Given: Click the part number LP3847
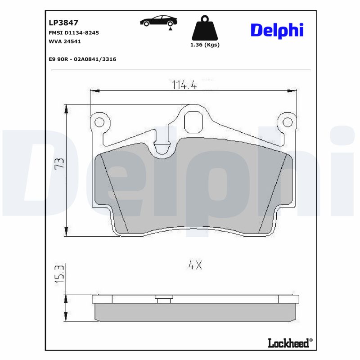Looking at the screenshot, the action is [63, 22].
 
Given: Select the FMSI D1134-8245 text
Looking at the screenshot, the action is [73, 33].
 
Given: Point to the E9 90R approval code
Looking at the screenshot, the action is [82, 59].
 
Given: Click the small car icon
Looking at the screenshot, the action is [158, 21].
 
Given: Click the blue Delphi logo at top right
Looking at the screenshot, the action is [277, 30].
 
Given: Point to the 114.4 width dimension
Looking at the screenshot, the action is [184, 85].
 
